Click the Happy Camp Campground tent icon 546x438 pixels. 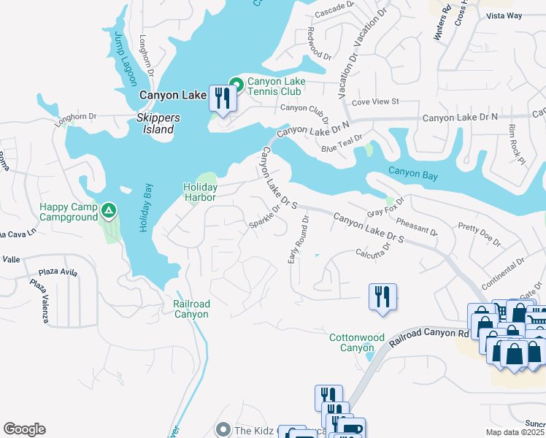[109, 212]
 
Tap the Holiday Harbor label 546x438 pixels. [200, 192]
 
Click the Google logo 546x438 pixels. [24, 429]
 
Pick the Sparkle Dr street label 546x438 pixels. [265, 216]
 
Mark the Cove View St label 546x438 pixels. [376, 101]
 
